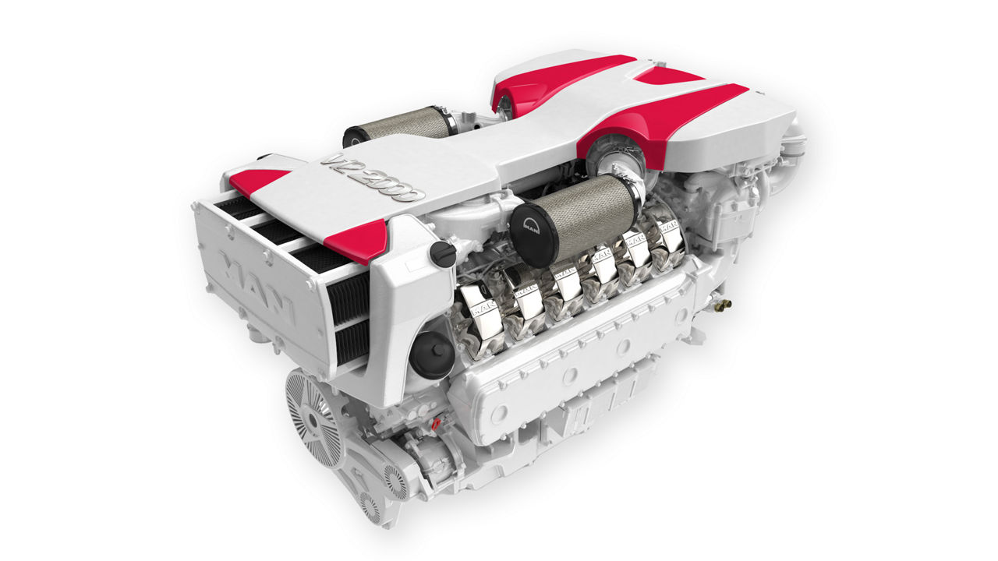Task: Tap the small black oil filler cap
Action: click(443, 254)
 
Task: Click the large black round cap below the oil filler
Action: click(430, 355)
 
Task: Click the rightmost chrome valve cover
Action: click(669, 235)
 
